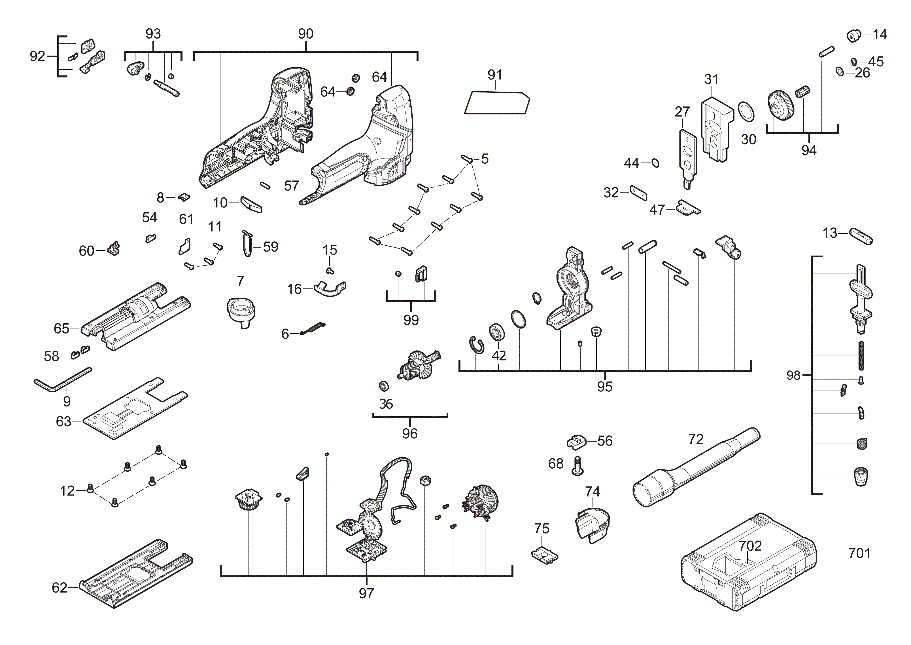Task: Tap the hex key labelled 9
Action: [x=60, y=381]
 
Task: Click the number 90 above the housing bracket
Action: [x=305, y=34]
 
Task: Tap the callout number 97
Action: [x=366, y=593]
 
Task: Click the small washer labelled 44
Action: [x=655, y=163]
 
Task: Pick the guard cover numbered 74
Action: [x=592, y=524]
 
